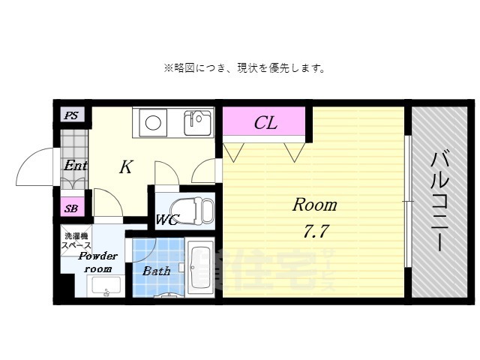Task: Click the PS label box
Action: pos(71,115)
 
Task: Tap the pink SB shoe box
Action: pos(71,208)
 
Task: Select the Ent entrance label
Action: pos(75,166)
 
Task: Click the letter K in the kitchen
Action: pos(125,167)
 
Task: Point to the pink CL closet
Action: pos(265,122)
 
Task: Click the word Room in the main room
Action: pos(314,204)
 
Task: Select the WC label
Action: pos(166,220)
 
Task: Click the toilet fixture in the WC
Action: pos(193,211)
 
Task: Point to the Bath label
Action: pos(156,271)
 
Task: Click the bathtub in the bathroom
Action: pos(200,268)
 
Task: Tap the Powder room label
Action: pos(97,262)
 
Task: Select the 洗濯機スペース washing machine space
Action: pos(76,241)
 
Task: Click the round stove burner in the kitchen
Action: pos(154,122)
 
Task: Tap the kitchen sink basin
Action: pos(199,121)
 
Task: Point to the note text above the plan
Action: pos(244,68)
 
